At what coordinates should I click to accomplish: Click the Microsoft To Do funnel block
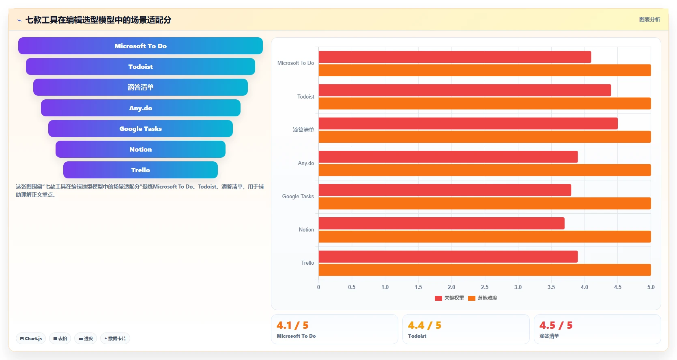point(140,46)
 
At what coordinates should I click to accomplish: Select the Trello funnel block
point(140,170)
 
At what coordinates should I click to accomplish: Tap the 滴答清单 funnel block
point(140,87)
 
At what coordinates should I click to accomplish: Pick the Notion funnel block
point(140,149)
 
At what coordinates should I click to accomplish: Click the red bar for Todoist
point(465,90)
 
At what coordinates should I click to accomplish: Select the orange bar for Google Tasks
point(485,203)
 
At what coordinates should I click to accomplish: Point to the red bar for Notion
point(442,223)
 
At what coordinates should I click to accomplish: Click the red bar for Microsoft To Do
point(455,57)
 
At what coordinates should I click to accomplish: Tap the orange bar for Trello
point(485,270)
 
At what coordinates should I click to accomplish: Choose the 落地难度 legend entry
point(483,298)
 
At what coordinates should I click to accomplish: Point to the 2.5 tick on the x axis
point(485,287)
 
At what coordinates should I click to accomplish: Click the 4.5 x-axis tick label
point(618,287)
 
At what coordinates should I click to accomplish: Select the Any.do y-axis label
point(306,163)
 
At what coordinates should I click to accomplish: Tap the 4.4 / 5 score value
point(425,325)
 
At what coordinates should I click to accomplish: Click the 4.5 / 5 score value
point(556,325)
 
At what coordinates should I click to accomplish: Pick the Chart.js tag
point(31,339)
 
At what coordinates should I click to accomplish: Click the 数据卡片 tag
point(115,339)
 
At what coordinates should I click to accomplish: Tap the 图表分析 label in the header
point(649,19)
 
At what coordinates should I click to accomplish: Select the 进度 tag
point(86,339)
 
